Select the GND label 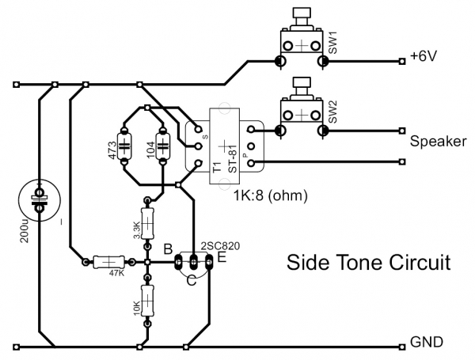[427, 342]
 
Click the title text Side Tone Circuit [367, 261]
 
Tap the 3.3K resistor [146, 225]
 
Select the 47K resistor [108, 262]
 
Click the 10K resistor [146, 301]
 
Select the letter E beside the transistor [222, 256]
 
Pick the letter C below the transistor [191, 280]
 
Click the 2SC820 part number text [221, 245]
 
